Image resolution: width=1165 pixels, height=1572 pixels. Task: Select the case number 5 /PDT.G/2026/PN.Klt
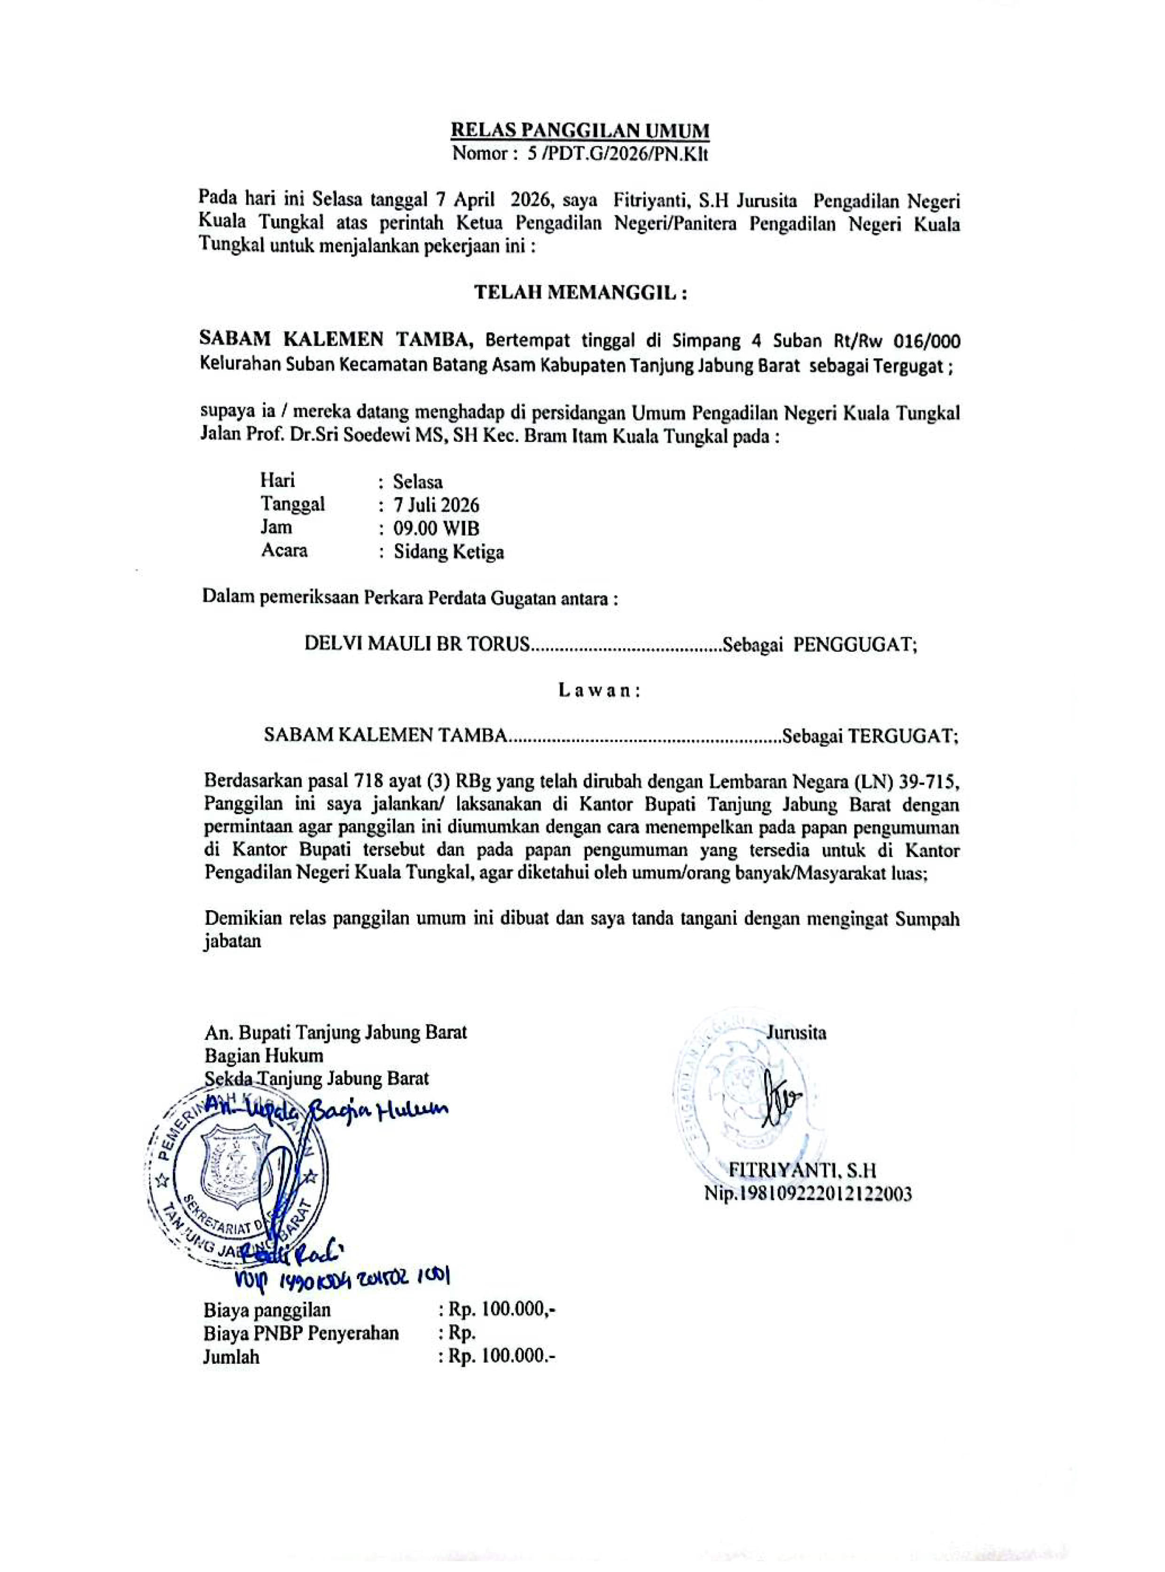pyautogui.click(x=613, y=154)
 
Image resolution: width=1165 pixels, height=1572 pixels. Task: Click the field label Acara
pyautogui.click(x=284, y=551)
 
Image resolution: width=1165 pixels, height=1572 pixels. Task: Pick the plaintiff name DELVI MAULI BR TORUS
pyautogui.click(x=416, y=644)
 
